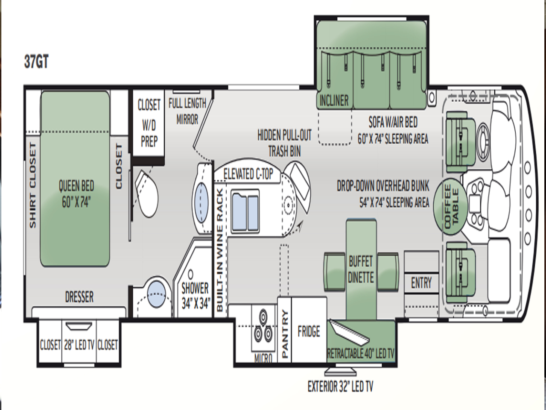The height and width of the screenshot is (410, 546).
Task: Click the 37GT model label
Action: [x=36, y=61]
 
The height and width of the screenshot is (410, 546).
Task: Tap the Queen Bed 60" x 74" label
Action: [x=76, y=194]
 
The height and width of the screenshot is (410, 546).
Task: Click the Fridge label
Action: [x=309, y=332]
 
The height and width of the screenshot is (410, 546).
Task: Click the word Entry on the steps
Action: [x=421, y=283]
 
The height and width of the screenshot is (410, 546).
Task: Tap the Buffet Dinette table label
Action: [x=361, y=269]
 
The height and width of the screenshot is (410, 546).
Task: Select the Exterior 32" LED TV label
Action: [x=340, y=387]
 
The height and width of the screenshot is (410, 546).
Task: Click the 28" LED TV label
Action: [x=79, y=345]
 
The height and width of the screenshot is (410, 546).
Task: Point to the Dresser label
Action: [x=79, y=297]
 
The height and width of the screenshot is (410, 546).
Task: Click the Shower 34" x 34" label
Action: [x=195, y=296]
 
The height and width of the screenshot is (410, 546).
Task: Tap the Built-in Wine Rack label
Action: [x=220, y=250]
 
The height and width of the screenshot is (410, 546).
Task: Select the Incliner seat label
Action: [x=334, y=101]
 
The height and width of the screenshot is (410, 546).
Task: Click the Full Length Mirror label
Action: [x=187, y=111]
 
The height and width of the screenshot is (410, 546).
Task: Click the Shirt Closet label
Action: [x=32, y=186]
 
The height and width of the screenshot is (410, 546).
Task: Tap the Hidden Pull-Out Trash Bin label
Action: [x=284, y=143]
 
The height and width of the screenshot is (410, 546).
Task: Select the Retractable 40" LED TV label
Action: [x=361, y=354]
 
